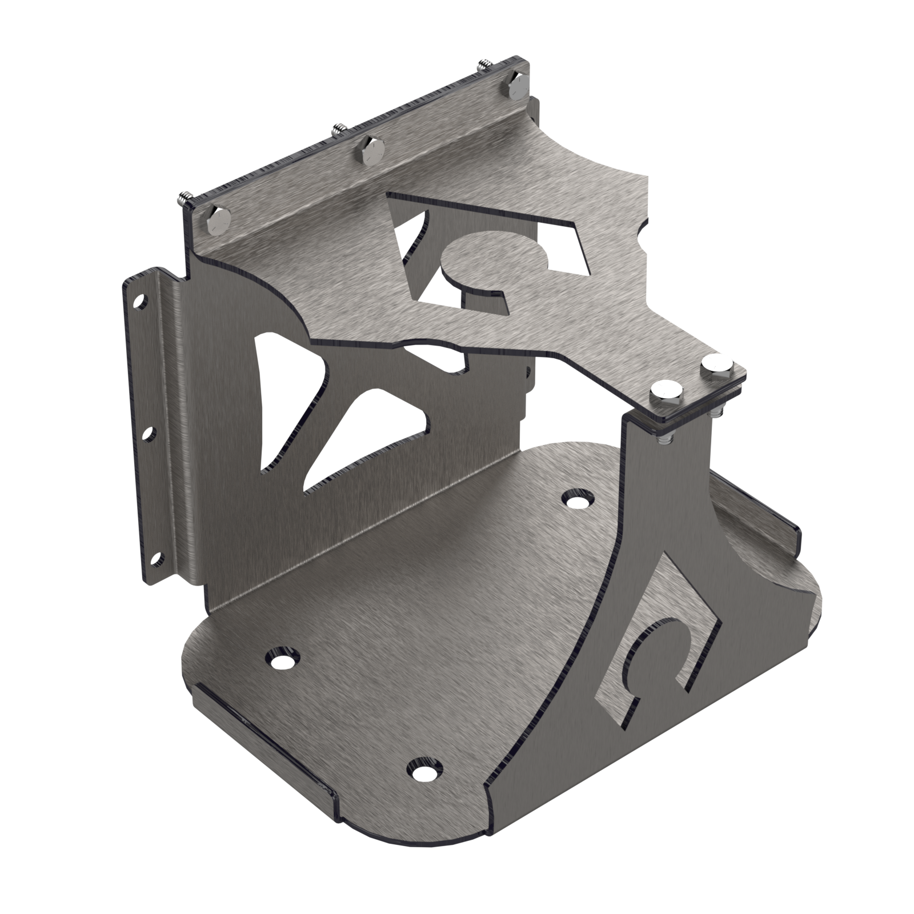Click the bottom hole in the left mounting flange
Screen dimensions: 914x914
(158, 555)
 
